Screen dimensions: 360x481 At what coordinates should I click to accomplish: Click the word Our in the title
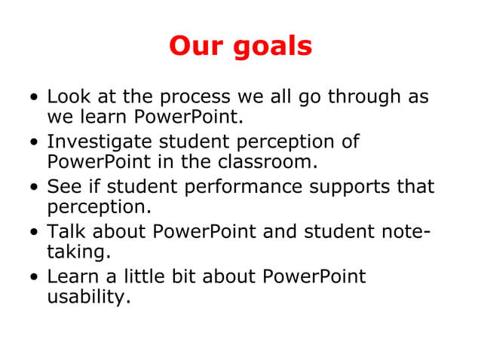pos(194,47)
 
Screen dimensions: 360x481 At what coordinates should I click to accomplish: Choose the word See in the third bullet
pos(63,187)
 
